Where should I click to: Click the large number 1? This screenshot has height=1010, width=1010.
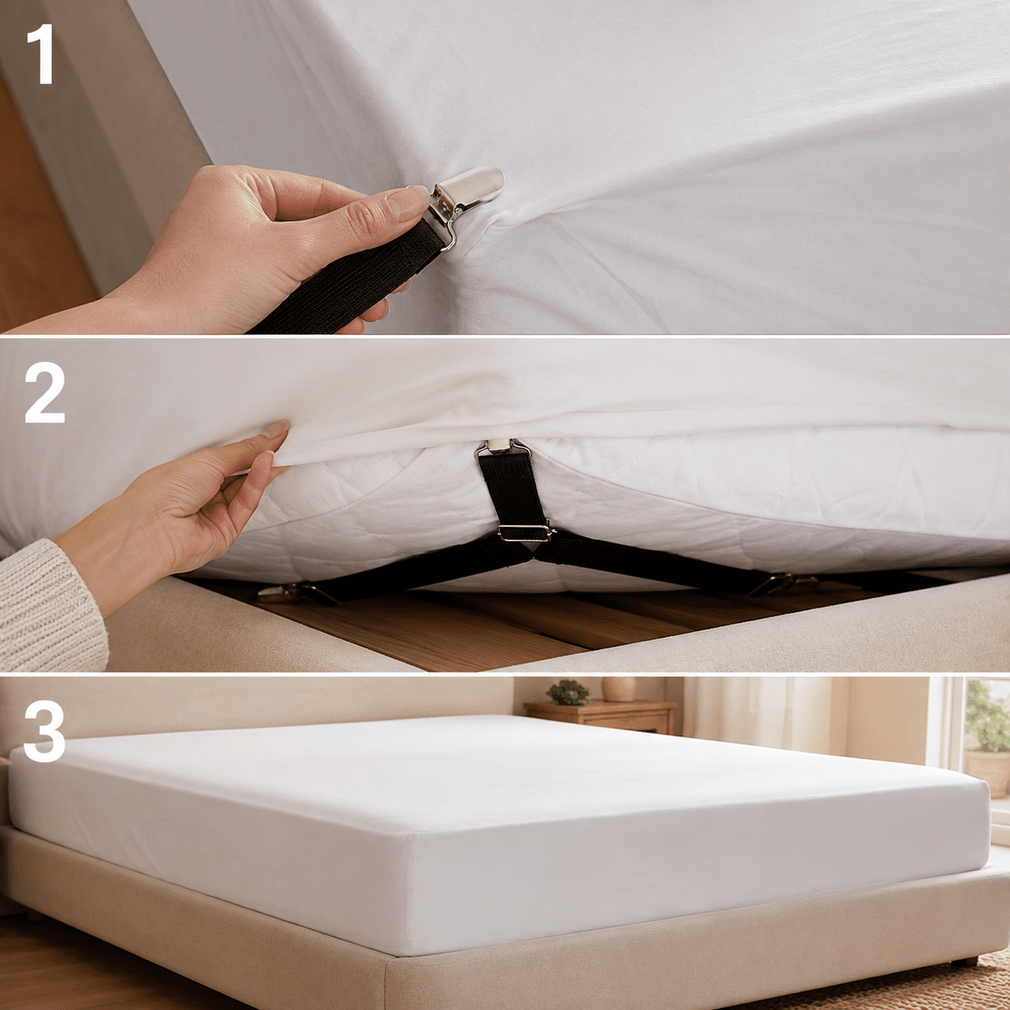point(42,54)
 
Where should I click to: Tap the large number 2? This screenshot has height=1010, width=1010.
point(44,392)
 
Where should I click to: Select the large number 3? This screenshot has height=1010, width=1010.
point(44,731)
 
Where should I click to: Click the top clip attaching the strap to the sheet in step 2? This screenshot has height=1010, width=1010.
point(502,448)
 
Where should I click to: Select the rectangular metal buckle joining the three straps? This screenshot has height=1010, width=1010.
point(524,532)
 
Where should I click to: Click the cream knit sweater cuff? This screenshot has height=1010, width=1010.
point(50,608)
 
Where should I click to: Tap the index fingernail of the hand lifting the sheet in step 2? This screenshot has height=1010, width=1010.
point(276,428)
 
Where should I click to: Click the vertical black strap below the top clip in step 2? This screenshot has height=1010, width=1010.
point(514,490)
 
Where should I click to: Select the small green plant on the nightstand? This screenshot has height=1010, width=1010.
point(568,692)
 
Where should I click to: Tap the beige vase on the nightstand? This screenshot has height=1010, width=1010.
point(619,689)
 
